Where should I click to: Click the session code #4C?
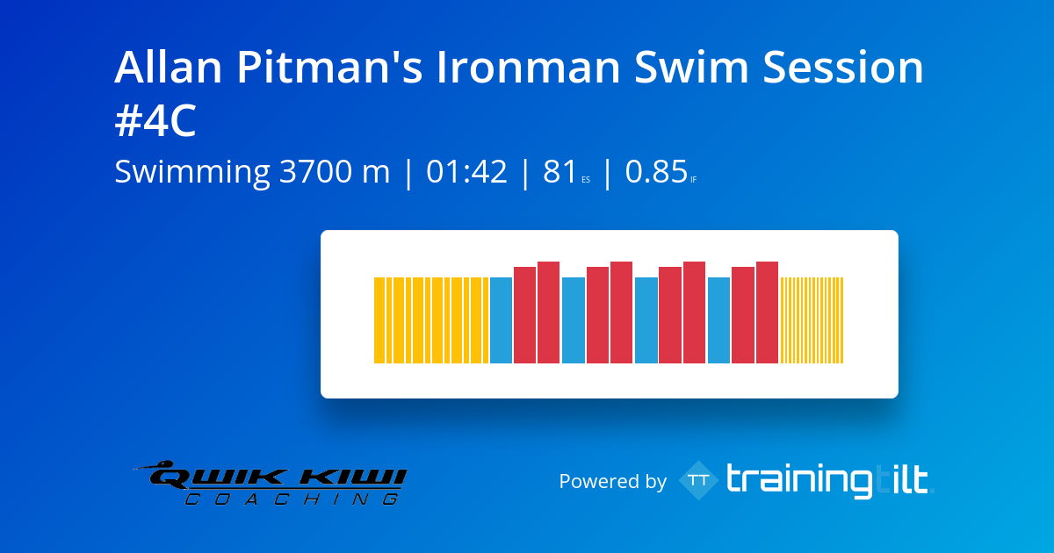155,123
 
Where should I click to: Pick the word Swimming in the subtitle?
191,173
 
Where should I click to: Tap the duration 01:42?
467,173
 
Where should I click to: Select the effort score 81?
559,173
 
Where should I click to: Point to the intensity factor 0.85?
656,173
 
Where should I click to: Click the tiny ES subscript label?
586,180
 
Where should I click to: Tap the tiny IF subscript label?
694,180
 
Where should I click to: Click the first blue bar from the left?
501,320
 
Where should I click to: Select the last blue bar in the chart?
718,320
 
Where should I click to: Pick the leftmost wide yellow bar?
379,320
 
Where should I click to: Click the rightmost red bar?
767,312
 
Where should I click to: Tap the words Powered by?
612,481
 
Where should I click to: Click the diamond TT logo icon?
699,480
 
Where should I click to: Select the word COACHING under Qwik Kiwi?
290,499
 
